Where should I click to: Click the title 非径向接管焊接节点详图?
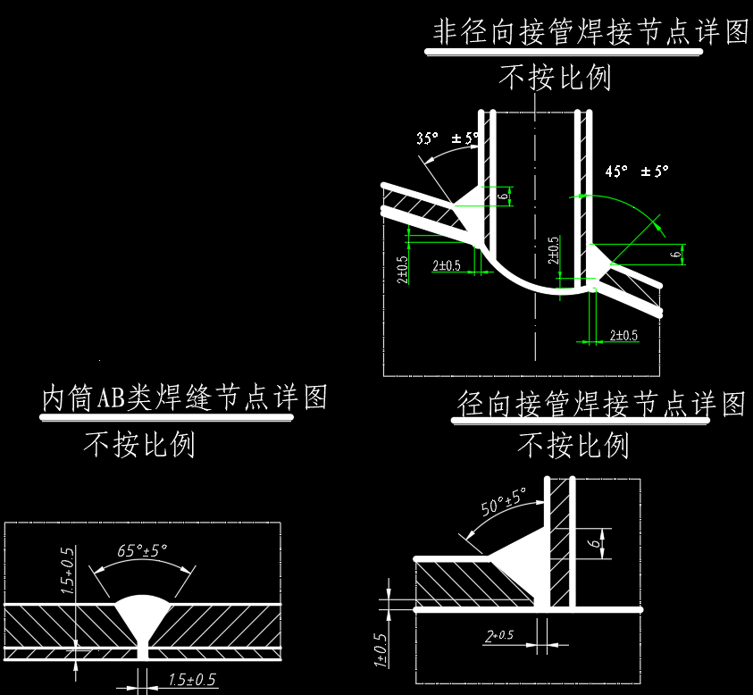point(590,32)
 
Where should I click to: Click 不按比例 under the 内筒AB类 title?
point(139,444)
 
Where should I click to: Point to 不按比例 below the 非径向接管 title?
point(555,79)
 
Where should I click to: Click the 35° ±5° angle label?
point(448,138)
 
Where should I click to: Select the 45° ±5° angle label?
point(636,170)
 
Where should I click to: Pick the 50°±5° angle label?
point(504,502)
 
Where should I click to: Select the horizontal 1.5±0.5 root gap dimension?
point(192,680)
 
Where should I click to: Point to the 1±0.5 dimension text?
point(381,649)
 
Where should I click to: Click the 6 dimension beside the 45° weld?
point(675,255)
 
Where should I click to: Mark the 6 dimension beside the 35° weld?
point(503,196)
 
